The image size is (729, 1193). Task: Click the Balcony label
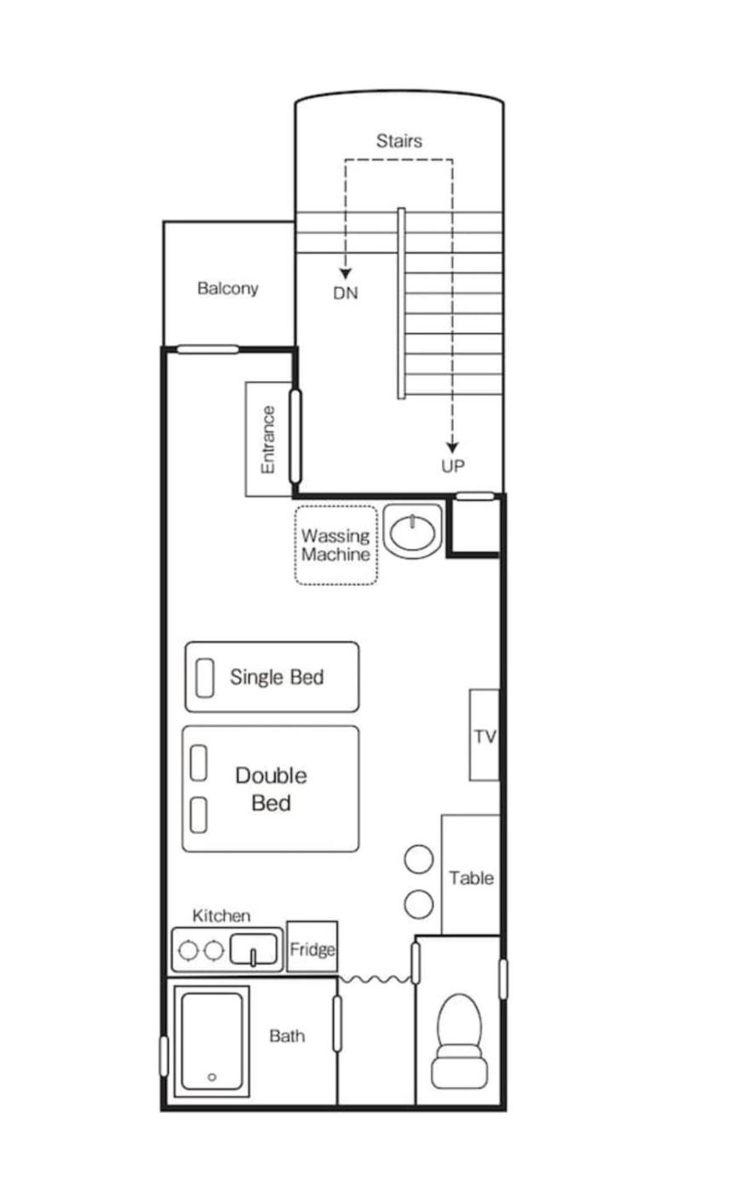click(x=227, y=288)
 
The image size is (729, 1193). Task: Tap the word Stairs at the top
click(x=399, y=141)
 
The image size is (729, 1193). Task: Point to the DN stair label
click(x=346, y=293)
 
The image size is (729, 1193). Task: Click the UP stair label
click(x=453, y=466)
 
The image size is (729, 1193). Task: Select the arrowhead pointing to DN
click(x=346, y=274)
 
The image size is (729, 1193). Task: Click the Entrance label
click(x=268, y=440)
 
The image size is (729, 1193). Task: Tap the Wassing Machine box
click(x=336, y=545)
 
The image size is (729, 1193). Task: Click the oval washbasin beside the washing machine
click(x=412, y=532)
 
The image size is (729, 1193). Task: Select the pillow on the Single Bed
click(x=205, y=677)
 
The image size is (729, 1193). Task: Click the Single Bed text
click(x=277, y=677)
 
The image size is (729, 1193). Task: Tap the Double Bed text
click(x=272, y=789)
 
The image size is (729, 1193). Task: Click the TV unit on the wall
click(x=485, y=735)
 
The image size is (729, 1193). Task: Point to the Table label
click(x=472, y=878)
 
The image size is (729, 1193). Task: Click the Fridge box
click(x=312, y=948)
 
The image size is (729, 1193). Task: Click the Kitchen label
click(x=221, y=915)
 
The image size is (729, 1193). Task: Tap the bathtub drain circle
click(x=212, y=1077)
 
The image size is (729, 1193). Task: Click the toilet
click(x=459, y=1040)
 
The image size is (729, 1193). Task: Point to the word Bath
click(x=287, y=1036)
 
